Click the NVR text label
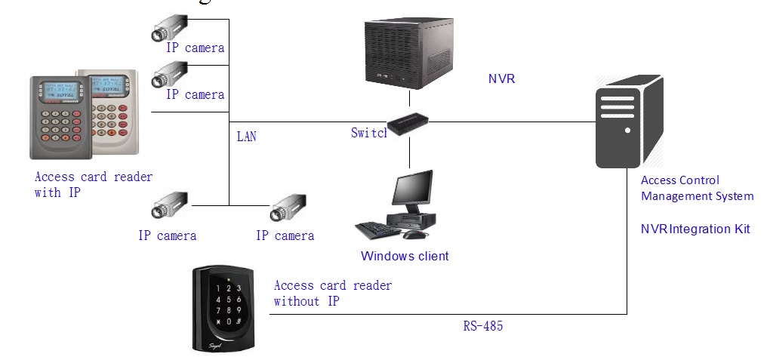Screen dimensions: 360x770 click(501, 78)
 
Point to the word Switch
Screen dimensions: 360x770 click(368, 133)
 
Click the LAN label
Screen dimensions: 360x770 click(246, 137)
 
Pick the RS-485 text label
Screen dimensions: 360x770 click(483, 327)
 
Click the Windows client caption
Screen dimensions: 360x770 click(405, 256)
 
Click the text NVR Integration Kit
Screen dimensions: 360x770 click(695, 229)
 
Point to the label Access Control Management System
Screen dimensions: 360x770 click(697, 188)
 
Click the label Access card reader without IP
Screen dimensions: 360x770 click(333, 294)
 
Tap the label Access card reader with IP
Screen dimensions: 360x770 click(94, 184)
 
